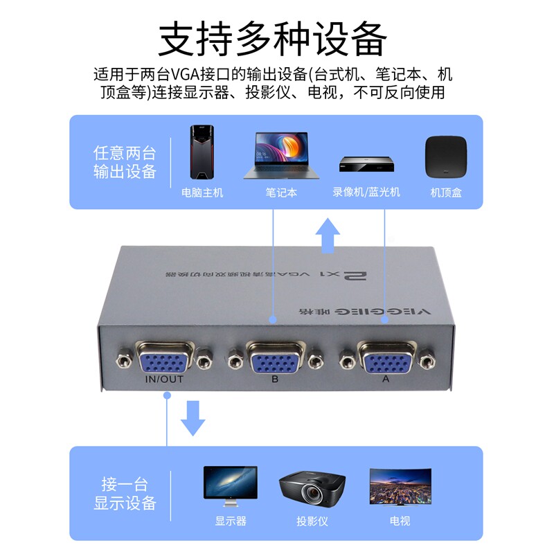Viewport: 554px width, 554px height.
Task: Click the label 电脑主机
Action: tap(202, 193)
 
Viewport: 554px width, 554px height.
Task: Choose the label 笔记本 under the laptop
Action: tap(281, 193)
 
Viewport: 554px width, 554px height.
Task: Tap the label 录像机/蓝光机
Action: tap(366, 193)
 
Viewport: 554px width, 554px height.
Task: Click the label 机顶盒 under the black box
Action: tap(446, 193)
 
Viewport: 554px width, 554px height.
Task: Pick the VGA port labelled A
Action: tap(384, 359)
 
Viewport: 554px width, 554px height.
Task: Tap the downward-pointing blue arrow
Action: tap(193, 419)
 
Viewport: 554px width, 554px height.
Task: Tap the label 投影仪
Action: tap(312, 521)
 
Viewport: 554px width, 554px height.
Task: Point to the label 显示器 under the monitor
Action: tap(231, 521)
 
